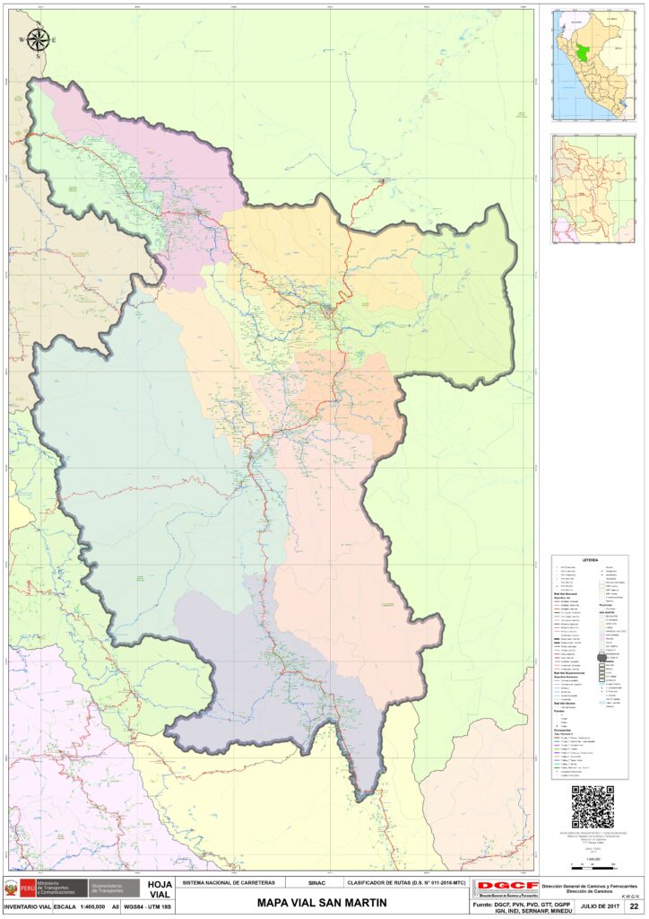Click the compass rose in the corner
(39, 39)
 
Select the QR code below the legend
(592, 807)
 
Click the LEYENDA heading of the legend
(589, 559)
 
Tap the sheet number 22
(634, 906)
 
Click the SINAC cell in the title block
(316, 883)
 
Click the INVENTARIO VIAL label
(28, 906)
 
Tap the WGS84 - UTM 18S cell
(148, 906)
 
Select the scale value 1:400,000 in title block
(92, 906)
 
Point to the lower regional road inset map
(589, 189)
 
